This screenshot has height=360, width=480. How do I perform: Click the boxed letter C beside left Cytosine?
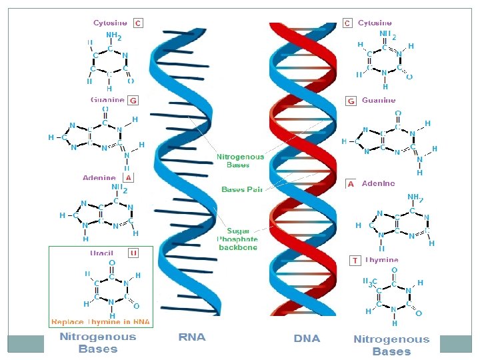137,23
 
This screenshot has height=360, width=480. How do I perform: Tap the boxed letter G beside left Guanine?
133,100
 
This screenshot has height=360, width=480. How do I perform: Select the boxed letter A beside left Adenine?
127,178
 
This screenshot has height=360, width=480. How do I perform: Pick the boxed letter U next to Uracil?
133,253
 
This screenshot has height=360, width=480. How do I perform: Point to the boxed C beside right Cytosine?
347,23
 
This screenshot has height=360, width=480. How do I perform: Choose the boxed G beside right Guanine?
351,101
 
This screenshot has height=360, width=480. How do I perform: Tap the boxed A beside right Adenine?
351,183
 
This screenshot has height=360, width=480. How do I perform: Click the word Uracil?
102,253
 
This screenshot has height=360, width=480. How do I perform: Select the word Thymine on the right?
382,260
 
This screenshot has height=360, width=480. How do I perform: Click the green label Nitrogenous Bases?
240,161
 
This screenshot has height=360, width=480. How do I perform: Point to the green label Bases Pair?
242,189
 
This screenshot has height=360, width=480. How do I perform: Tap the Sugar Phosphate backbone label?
238,239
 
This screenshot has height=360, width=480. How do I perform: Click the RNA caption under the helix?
192,337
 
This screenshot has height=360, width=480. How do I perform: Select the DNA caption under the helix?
307,338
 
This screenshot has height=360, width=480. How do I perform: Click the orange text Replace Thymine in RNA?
101,322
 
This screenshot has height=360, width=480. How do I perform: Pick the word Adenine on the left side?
99,178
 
